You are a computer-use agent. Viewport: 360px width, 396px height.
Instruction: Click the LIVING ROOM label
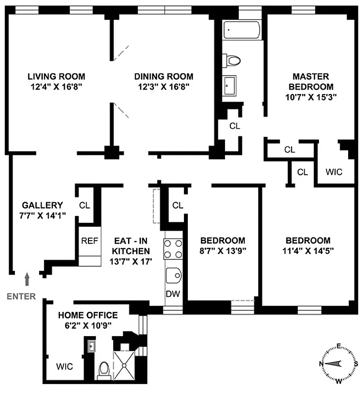click(x=56, y=76)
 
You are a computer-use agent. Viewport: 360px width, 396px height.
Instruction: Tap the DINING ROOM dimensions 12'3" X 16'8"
click(x=164, y=86)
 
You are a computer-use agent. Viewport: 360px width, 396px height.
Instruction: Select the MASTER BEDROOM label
click(x=311, y=81)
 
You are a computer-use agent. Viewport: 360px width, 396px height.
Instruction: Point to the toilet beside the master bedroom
click(x=232, y=60)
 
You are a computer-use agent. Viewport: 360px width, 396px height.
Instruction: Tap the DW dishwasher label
click(x=173, y=294)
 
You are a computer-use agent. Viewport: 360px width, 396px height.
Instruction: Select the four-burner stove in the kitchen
click(x=174, y=249)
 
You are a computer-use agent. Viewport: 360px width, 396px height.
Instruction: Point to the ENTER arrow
click(x=27, y=280)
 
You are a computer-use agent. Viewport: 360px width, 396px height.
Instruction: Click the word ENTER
click(x=21, y=297)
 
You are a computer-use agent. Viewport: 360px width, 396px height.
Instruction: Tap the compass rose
click(x=338, y=363)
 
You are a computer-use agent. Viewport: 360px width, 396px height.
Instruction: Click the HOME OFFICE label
click(x=88, y=315)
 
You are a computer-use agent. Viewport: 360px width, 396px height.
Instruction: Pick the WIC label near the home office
click(x=64, y=367)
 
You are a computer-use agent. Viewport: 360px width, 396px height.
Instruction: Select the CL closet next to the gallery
click(x=84, y=205)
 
